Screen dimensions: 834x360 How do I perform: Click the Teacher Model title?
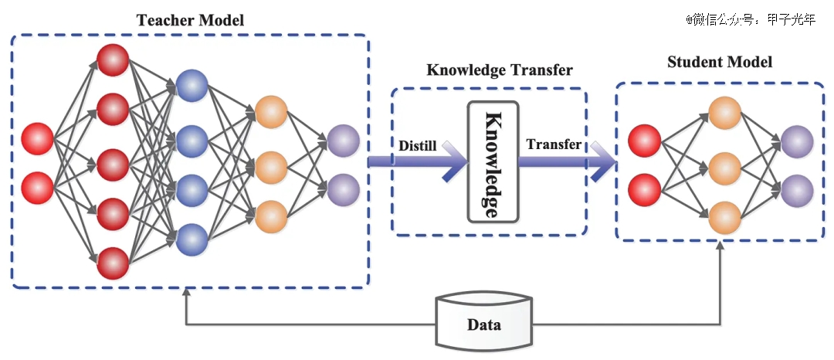tap(191, 20)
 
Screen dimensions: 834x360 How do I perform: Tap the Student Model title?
tap(720, 62)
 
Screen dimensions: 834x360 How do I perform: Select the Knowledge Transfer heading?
tap(500, 70)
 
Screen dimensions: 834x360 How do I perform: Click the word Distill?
tap(418, 145)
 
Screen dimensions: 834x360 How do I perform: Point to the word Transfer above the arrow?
tap(553, 144)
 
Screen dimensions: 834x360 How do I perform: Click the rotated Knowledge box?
tap(493, 161)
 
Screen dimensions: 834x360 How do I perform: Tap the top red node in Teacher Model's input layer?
tap(37, 139)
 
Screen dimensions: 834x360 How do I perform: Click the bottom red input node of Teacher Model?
tap(37, 188)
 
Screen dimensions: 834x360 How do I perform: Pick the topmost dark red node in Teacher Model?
tap(113, 60)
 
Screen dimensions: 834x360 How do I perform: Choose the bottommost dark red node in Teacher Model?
tap(113, 263)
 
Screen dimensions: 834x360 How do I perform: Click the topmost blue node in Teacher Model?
tap(192, 85)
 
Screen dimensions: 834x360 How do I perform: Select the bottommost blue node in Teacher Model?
tap(192, 239)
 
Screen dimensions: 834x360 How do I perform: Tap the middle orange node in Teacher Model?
tap(271, 168)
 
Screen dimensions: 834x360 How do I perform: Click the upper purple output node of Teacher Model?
tap(344, 141)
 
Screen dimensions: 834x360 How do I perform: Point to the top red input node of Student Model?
tap(645, 141)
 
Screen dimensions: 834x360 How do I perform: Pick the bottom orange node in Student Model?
tap(724, 218)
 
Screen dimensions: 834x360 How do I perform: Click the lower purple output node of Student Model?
tap(797, 190)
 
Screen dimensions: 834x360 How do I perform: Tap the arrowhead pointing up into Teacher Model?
tap(185, 292)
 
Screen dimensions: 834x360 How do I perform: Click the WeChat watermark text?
tap(751, 19)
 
